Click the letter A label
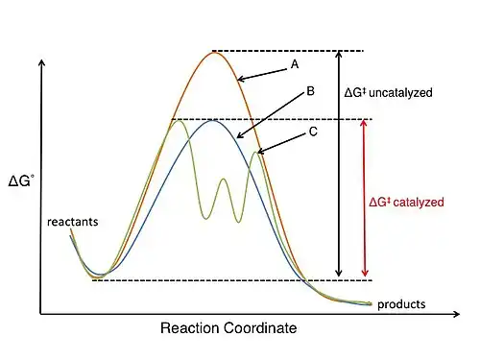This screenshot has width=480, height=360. coord(295,64)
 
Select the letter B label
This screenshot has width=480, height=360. coord(310,91)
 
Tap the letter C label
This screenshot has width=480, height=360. coord(313,132)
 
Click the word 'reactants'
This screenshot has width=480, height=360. coord(73,222)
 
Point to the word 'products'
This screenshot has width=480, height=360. coord(401,304)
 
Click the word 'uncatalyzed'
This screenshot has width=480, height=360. coord(400,93)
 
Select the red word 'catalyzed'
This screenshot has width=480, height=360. coord(419,203)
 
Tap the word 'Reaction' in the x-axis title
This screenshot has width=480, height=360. coord(190,328)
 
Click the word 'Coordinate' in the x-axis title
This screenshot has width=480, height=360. coord(260,328)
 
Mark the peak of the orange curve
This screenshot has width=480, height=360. coord(214,52)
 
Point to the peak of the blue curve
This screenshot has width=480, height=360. coord(212,120)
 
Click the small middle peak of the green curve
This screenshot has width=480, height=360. coord(223,179)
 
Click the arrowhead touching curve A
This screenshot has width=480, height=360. coord(241,79)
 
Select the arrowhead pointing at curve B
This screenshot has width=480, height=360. coord(240,135)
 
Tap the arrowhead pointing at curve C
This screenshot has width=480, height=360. coord(260,151)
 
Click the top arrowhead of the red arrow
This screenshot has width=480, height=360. coord(364,123)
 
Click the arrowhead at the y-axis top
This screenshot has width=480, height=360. coord(41,62)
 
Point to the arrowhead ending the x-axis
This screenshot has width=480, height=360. coord(457,314)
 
